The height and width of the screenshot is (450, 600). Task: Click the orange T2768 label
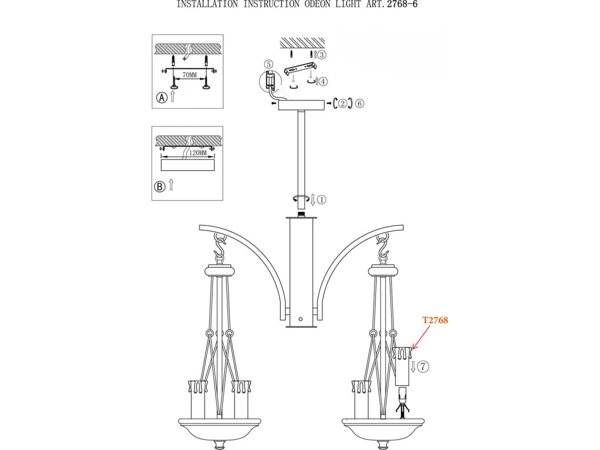[x=435, y=320]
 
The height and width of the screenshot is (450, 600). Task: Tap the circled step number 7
[x=423, y=366]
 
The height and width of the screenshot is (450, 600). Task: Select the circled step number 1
[x=321, y=200]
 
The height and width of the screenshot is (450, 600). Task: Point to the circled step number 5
[x=268, y=64]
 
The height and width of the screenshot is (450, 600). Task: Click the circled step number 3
[x=321, y=55]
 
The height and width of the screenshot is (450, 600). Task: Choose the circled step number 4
[x=323, y=81]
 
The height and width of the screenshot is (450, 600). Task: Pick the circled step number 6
[x=359, y=103]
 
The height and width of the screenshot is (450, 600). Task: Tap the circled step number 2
[x=342, y=103]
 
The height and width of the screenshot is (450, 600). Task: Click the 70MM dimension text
[x=189, y=75]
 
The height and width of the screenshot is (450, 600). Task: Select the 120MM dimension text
[x=197, y=152]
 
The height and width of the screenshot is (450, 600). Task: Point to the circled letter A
[x=161, y=97]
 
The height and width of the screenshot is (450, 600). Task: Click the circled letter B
[x=160, y=187]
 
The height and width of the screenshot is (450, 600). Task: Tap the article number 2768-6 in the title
[x=402, y=4]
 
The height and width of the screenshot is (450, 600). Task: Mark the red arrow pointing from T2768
[x=420, y=337]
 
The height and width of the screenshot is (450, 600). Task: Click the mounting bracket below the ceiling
[x=300, y=70]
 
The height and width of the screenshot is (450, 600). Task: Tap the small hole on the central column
[x=300, y=319]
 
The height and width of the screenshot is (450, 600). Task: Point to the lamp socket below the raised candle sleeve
[x=402, y=401]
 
